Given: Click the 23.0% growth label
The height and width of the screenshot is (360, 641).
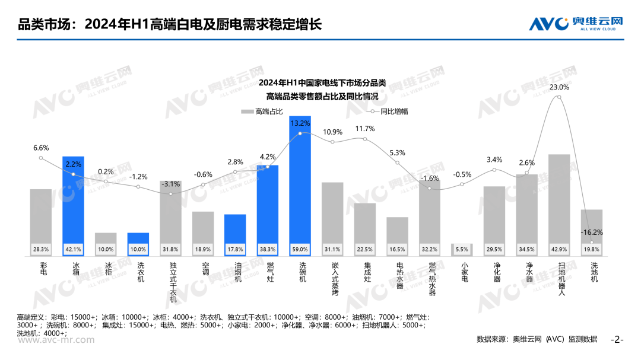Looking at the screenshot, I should pyautogui.click(x=559, y=87).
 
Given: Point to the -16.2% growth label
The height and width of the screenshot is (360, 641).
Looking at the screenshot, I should pyautogui.click(x=592, y=232).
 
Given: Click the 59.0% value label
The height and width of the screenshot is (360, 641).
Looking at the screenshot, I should pyautogui.click(x=300, y=250).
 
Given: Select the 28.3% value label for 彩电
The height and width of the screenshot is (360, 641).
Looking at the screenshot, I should pyautogui.click(x=41, y=250).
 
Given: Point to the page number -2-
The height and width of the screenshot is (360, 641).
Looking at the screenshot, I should pyautogui.click(x=617, y=340).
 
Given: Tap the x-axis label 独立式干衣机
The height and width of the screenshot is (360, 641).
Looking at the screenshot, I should pyautogui.click(x=171, y=282).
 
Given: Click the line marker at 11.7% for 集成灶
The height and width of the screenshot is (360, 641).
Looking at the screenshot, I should pyautogui.click(x=365, y=139).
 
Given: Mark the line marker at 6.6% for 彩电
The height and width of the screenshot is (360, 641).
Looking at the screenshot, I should pyautogui.click(x=41, y=158).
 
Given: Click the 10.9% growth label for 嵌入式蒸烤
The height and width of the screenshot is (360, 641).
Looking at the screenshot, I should pyautogui.click(x=332, y=132).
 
